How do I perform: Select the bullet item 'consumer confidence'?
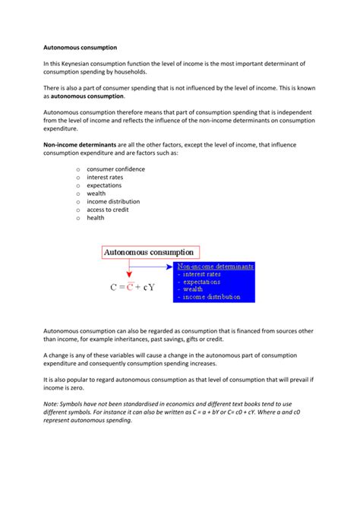115,169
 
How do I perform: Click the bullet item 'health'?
96,218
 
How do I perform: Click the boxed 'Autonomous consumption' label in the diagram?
149,251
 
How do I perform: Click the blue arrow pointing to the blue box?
152,267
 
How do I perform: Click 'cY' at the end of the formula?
156,288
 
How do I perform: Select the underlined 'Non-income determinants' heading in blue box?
215,267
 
